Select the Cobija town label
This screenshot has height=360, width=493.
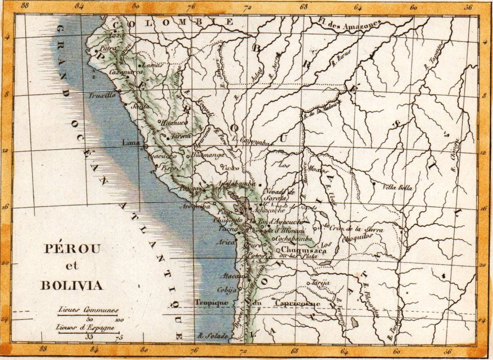226,290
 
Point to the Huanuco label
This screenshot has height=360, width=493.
172,121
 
